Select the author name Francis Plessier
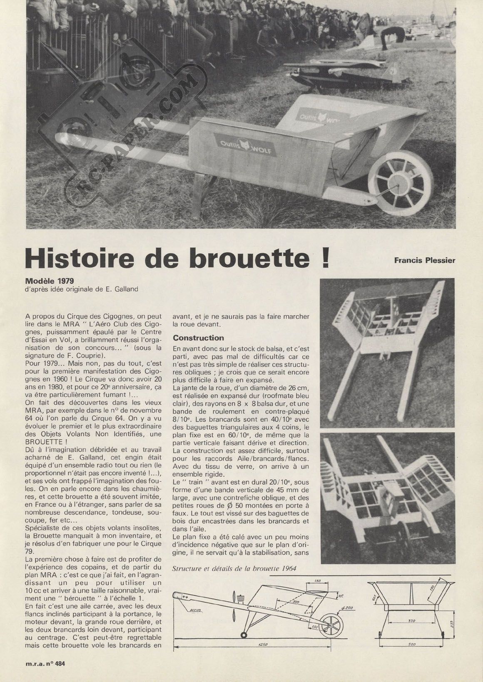[x=424, y=261]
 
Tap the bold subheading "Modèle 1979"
[x=46, y=281]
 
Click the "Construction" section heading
[x=199, y=338]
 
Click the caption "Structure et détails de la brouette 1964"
[x=234, y=569]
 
